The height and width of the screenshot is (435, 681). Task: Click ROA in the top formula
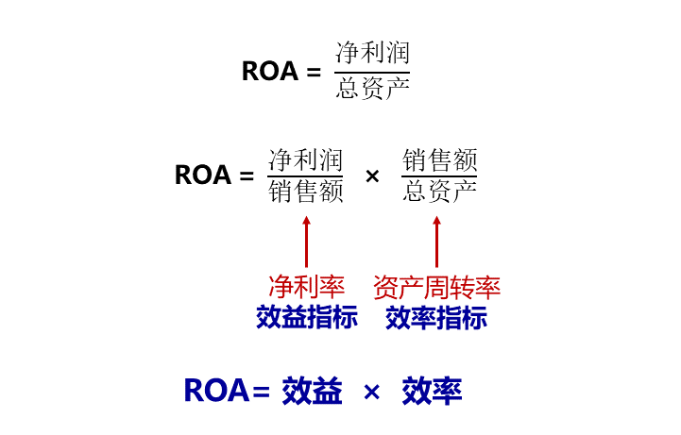[x=270, y=72]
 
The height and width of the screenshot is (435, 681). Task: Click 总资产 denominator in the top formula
[x=373, y=90]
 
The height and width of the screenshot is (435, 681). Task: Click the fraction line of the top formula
[x=373, y=71]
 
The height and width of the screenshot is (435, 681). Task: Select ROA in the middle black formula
[x=203, y=176]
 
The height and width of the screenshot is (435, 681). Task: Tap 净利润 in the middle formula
[x=305, y=158]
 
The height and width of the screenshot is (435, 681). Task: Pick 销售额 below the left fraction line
[x=305, y=192]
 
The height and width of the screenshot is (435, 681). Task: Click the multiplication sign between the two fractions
[x=372, y=176]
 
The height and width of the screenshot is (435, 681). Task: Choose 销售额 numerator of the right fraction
[x=439, y=158]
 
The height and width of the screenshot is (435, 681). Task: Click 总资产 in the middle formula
[x=439, y=192]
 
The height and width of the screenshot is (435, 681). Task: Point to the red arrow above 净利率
[x=306, y=242]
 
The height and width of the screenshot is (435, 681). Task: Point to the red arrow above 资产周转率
[x=436, y=242]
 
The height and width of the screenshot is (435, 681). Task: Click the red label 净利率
[x=306, y=287]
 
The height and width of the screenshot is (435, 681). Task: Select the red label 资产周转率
[x=436, y=287]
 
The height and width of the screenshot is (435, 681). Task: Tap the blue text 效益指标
[x=306, y=317]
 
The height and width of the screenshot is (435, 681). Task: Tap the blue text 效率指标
[x=436, y=317]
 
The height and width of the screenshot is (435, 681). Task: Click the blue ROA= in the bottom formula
[x=227, y=391]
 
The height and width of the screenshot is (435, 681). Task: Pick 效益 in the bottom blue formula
[x=312, y=391]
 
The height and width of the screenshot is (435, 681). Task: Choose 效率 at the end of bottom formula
[x=432, y=391]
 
